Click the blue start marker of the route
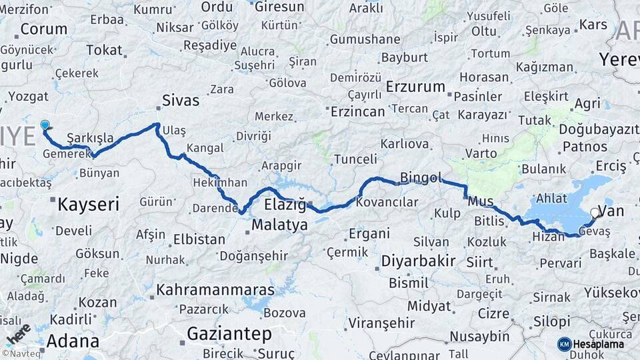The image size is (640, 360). point(45,125)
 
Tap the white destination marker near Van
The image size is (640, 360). point(594,213)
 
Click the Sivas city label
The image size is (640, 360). point(181,101)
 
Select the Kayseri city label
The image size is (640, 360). point(88,204)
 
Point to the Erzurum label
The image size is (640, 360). point(415,87)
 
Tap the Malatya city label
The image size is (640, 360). point(280,225)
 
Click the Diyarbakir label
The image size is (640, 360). point(419,261)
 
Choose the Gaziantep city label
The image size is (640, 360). point(229,333)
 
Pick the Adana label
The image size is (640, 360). point(73,341)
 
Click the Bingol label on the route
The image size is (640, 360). point(421,178)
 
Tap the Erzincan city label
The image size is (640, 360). point(357,111)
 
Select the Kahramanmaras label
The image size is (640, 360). point(215,290)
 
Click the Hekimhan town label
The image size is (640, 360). point(219,182)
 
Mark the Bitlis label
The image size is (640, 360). point(489,221)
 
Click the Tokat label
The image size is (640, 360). point(105,50)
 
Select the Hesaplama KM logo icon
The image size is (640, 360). point(564,344)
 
